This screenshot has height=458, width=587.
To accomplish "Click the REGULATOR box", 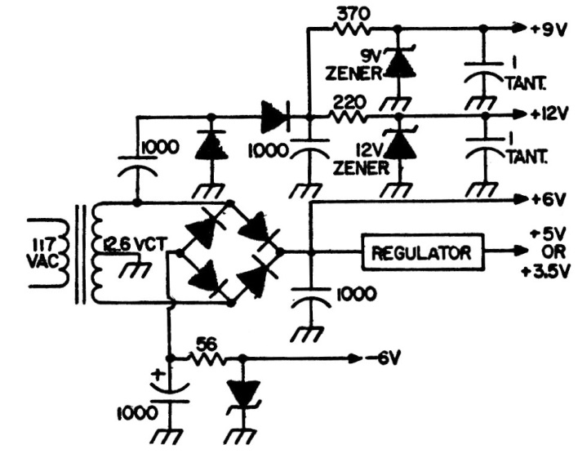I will (x=421, y=253).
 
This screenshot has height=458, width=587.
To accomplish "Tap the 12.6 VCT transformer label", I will (x=136, y=244).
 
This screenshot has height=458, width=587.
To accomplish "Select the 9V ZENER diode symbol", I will (x=398, y=63).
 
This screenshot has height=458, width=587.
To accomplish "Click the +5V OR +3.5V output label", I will (x=549, y=254).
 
